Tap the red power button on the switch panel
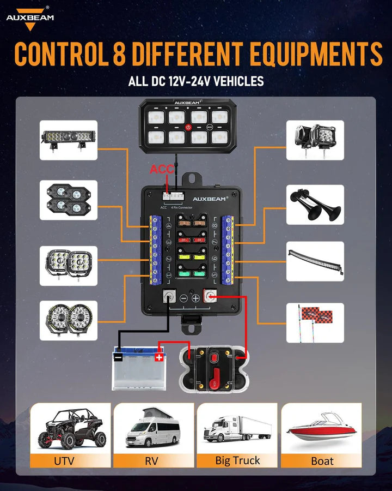[x=188, y=127]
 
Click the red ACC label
[x=162, y=170]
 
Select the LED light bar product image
[x=69, y=140]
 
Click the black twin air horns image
[x=315, y=205]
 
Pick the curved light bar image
[x=315, y=261]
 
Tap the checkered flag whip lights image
[x=315, y=322]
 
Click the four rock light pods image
[x=69, y=200]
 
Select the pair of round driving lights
[x=69, y=320]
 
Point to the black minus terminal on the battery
[x=118, y=357]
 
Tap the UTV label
[x=64, y=460]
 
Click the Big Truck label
[x=237, y=460]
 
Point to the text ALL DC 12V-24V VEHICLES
[x=196, y=82]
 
